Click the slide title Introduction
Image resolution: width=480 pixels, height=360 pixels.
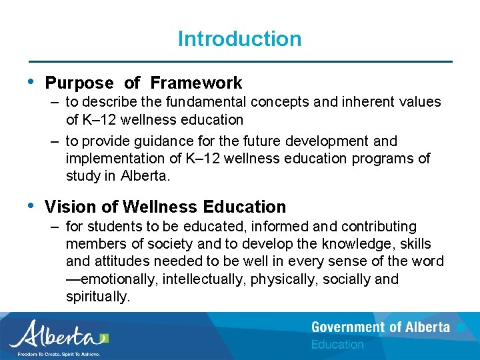(x=239, y=39)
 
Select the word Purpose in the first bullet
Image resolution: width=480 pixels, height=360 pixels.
(x=79, y=83)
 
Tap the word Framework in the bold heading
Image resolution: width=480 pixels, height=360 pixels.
(x=196, y=83)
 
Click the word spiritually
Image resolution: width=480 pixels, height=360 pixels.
(x=97, y=297)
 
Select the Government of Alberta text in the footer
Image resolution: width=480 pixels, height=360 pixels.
(x=381, y=327)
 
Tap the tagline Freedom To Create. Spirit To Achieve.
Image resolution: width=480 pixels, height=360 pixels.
(x=59, y=354)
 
